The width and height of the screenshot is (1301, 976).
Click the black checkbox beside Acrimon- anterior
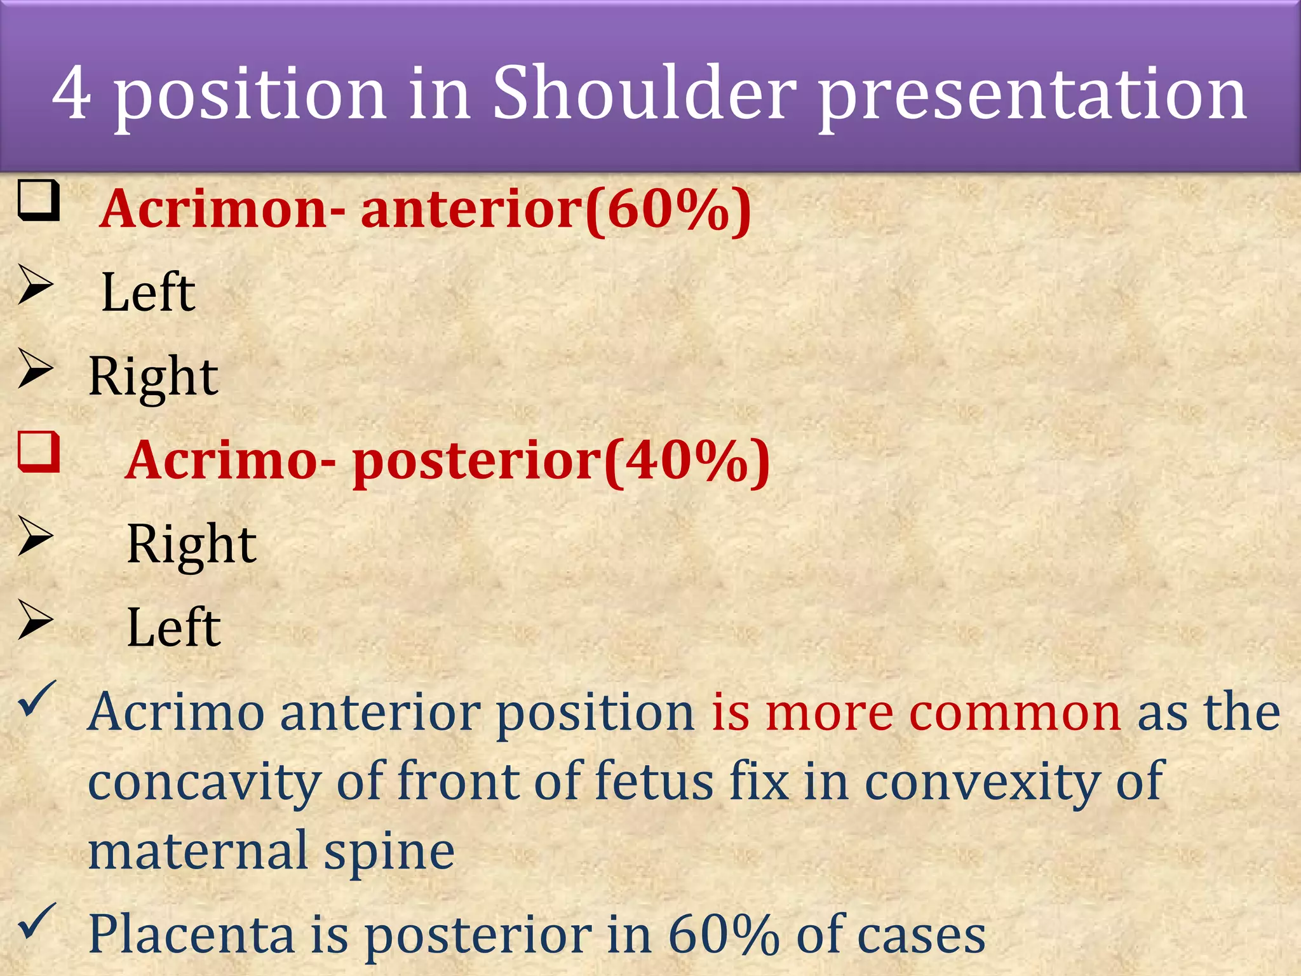(x=39, y=200)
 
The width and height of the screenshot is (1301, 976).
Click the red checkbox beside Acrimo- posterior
(x=39, y=452)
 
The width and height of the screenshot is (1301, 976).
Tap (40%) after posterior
(x=687, y=461)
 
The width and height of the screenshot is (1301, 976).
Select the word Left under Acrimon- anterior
(x=148, y=292)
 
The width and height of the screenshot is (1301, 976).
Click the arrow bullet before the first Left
(x=36, y=285)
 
